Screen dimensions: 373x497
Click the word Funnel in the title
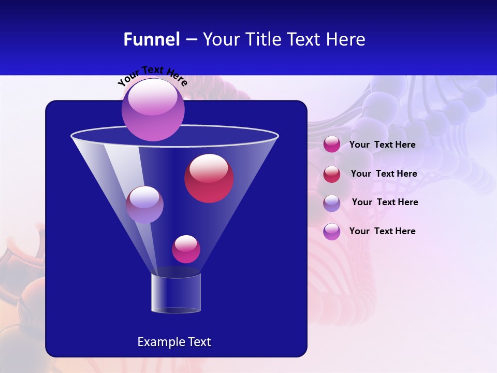[x=151, y=39]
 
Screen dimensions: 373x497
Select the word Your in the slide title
[x=221, y=39]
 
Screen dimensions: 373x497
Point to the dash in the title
[x=191, y=40]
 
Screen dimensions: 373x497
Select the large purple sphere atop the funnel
[x=153, y=110]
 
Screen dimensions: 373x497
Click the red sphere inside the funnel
[x=209, y=178]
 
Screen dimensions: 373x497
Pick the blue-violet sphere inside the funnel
[x=144, y=205]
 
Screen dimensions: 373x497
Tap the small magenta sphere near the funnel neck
[x=186, y=249]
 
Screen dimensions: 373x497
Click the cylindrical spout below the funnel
[x=176, y=293]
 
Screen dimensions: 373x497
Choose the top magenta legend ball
[x=331, y=145]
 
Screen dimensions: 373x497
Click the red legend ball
[x=331, y=174]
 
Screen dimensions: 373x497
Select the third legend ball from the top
[x=331, y=203]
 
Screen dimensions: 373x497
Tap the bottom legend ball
[x=331, y=232]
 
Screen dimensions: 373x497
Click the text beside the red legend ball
[x=384, y=174]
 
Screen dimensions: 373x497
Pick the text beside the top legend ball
[x=382, y=145]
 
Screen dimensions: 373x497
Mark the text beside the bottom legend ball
[x=382, y=231]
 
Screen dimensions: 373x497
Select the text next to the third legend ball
[x=385, y=202]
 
